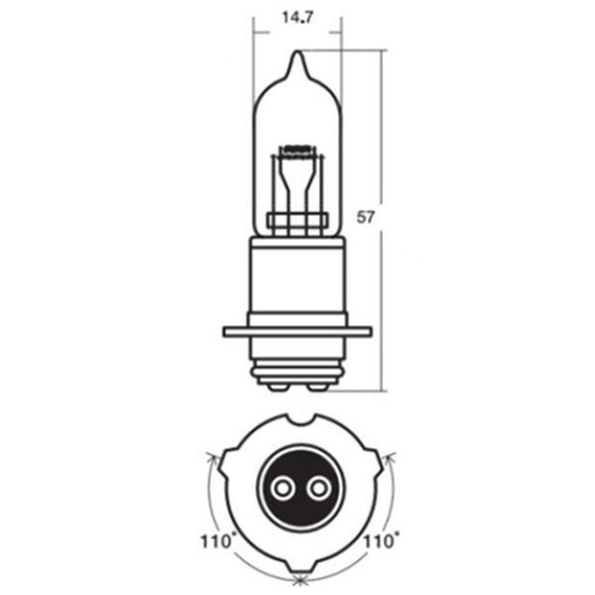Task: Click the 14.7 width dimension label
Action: click(x=297, y=18)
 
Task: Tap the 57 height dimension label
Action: click(x=365, y=217)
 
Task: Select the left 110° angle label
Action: click(x=216, y=541)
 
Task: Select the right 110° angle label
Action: click(x=380, y=541)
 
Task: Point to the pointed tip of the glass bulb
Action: click(x=298, y=52)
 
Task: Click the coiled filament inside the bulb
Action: click(x=297, y=150)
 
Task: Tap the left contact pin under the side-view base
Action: click(x=278, y=387)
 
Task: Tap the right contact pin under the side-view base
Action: click(x=318, y=387)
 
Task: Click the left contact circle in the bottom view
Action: click(x=282, y=488)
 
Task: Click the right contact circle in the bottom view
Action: click(x=318, y=488)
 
